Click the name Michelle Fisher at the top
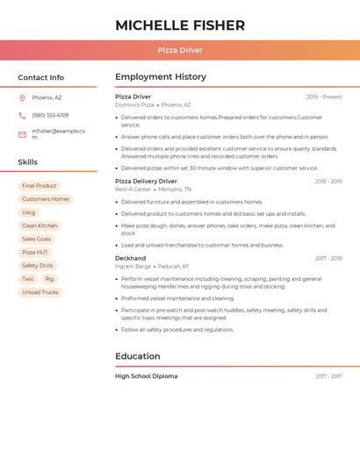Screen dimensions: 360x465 (x=179, y=25)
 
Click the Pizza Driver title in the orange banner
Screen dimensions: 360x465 (x=179, y=51)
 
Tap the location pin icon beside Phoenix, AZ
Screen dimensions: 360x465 (x=22, y=97)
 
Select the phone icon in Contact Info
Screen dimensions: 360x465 (x=22, y=115)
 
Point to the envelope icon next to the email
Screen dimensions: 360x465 (x=22, y=134)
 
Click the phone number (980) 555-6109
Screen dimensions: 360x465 (x=50, y=115)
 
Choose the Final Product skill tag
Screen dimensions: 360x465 (x=40, y=186)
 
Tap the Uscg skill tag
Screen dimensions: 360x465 (x=29, y=212)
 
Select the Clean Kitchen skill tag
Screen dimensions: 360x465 (x=40, y=225)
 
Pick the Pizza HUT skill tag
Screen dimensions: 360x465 (x=35, y=252)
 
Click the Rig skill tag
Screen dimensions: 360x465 (x=49, y=279)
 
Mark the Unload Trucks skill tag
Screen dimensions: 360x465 (x=40, y=292)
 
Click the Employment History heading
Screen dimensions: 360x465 (x=161, y=77)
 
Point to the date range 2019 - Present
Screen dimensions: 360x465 (x=324, y=97)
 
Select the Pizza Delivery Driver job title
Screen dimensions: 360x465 (x=146, y=182)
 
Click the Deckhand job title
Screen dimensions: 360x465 (x=131, y=259)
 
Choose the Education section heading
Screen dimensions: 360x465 (x=138, y=356)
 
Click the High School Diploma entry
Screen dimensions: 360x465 (x=146, y=376)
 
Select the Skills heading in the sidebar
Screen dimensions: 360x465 (x=28, y=162)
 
